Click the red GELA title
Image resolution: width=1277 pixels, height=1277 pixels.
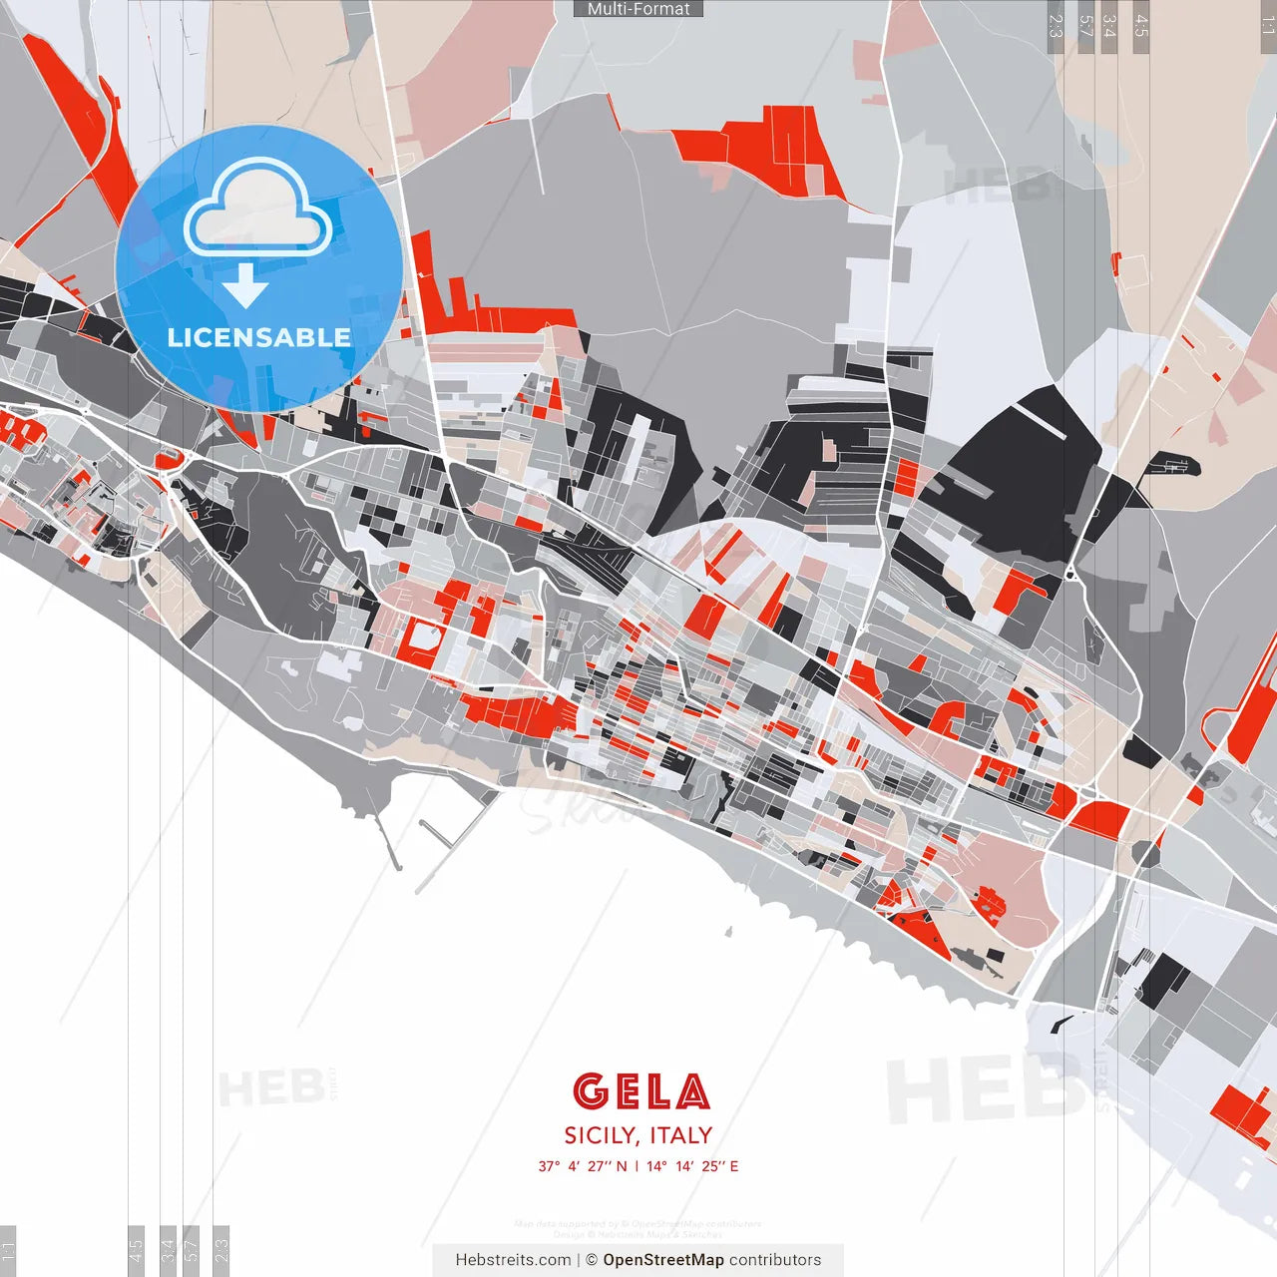(x=641, y=1091)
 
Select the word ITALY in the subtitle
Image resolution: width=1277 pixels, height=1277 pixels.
(x=681, y=1135)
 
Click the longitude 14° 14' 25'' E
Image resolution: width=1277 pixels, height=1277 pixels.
(x=692, y=1166)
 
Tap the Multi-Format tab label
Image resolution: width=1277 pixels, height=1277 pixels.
(x=638, y=9)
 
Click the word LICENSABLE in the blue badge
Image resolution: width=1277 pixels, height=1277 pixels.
(x=258, y=337)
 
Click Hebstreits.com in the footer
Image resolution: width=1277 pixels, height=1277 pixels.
(x=513, y=1260)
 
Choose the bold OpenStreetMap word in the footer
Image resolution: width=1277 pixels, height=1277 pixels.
(x=663, y=1260)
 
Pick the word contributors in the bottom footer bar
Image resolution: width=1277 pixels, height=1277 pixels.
(x=775, y=1260)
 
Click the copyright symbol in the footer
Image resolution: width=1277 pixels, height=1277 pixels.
(x=592, y=1260)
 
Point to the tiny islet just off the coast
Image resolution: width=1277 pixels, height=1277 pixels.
(x=728, y=933)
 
